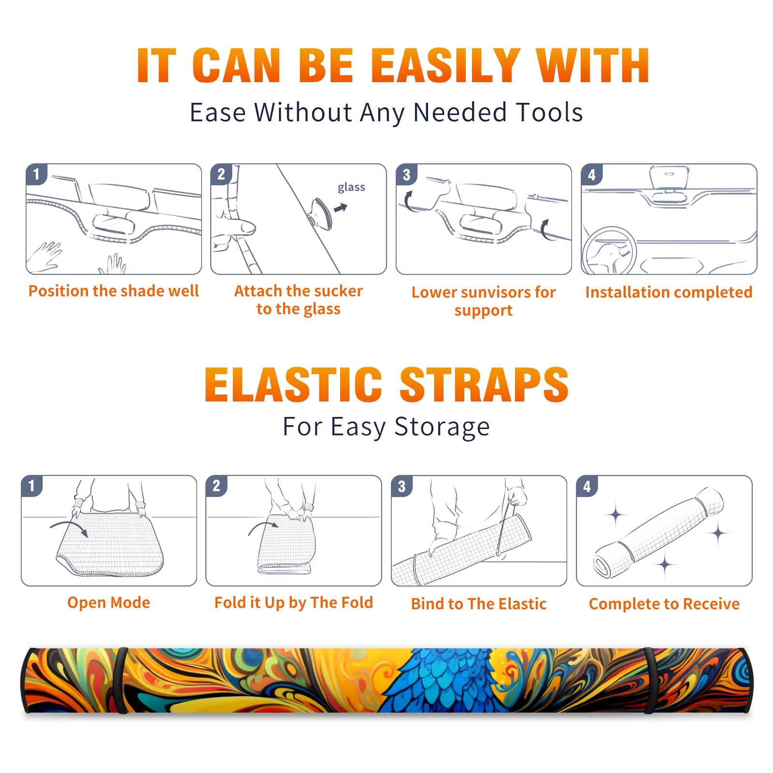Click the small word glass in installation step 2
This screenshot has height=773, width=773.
click(351, 187)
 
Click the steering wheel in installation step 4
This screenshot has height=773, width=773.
click(609, 250)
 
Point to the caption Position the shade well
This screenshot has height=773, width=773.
click(114, 291)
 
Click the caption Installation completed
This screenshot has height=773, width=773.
click(669, 292)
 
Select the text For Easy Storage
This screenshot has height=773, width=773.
click(386, 427)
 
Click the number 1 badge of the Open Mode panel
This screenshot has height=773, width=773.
click(32, 486)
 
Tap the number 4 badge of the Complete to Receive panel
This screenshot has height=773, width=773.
click(587, 486)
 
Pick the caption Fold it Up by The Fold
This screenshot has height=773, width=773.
click(294, 602)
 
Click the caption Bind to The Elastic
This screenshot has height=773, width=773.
click(479, 604)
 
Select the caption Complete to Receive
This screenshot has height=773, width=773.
click(664, 604)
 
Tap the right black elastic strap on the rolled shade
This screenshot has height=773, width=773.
click(649, 680)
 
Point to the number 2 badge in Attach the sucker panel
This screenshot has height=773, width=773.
click(221, 174)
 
